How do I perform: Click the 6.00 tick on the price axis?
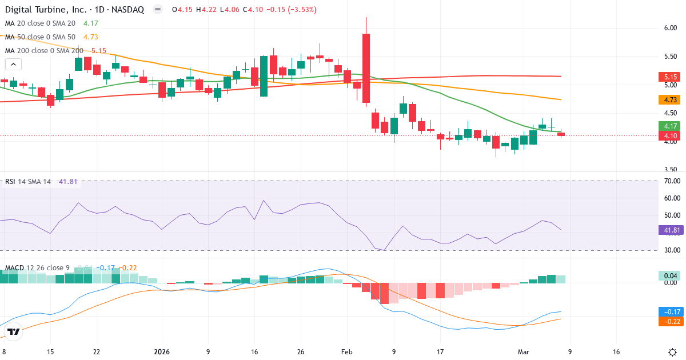(x=671, y=28)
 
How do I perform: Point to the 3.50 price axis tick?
(x=671, y=170)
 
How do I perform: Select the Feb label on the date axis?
(x=347, y=351)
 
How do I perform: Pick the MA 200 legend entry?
(x=43, y=51)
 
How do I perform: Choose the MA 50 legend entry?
(x=40, y=37)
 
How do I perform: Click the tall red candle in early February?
(x=366, y=68)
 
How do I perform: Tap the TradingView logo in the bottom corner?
(x=14, y=331)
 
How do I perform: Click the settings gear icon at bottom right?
(x=672, y=351)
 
